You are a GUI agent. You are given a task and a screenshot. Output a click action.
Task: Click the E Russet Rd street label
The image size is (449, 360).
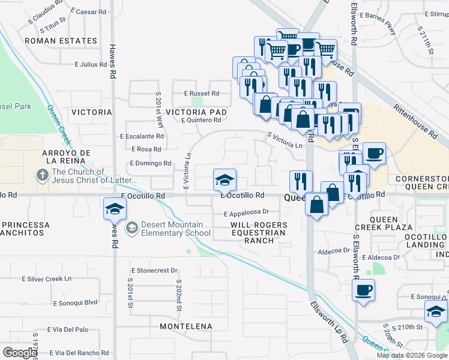202,94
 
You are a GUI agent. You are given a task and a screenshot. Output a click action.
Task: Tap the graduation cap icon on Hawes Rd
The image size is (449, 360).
113,208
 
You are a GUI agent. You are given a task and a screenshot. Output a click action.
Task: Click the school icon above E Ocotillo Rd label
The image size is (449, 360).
224,179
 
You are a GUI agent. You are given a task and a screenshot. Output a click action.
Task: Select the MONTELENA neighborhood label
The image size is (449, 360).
186,326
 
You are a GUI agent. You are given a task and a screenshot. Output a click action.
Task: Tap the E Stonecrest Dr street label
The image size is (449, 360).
150,271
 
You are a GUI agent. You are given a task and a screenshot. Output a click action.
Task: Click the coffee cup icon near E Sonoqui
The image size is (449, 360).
363,290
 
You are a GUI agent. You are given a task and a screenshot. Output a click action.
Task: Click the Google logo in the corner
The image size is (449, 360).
20,353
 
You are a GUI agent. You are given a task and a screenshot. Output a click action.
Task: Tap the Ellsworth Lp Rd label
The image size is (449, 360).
329,321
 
